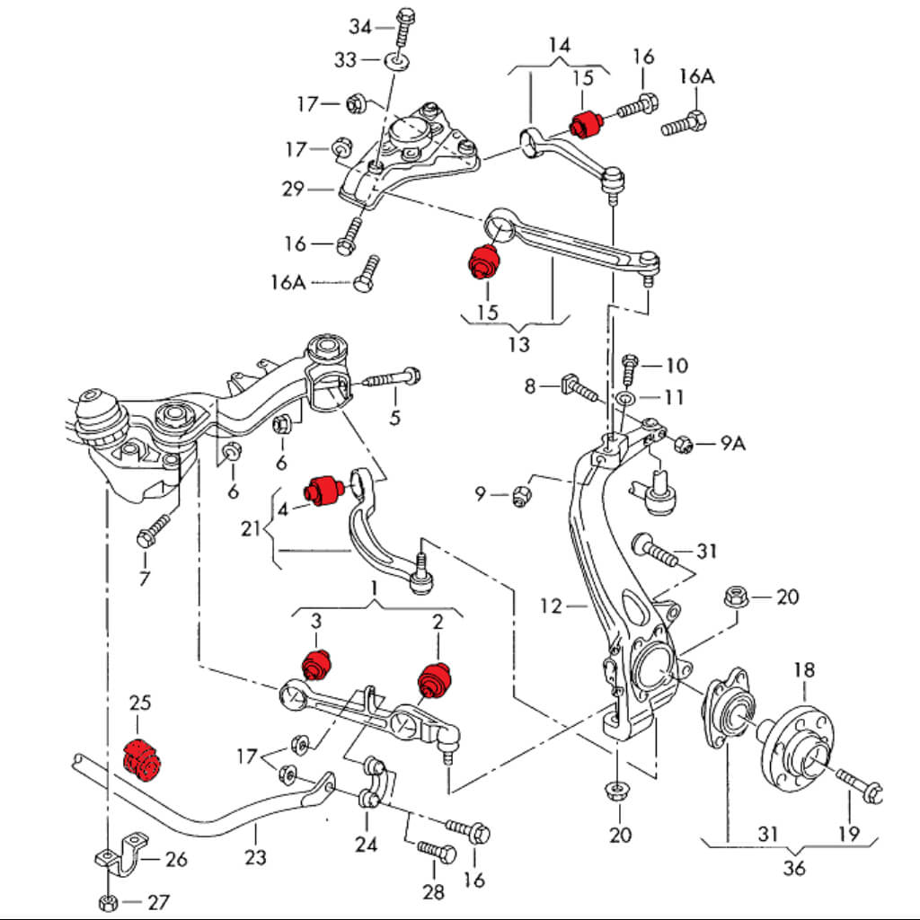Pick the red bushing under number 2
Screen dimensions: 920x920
(x=437, y=678)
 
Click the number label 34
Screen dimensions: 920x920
(x=360, y=27)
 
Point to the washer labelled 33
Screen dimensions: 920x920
(x=395, y=61)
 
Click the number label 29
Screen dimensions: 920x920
(x=293, y=189)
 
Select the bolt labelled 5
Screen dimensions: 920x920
(x=393, y=377)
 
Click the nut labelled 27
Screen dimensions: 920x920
(x=107, y=900)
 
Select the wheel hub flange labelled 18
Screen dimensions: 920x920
(x=805, y=747)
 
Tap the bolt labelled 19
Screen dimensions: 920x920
(x=860, y=784)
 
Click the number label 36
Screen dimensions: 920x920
(x=794, y=868)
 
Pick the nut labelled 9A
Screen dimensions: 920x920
(x=682, y=442)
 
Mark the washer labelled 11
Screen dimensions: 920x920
(x=626, y=397)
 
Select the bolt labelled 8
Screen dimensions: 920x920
(x=579, y=389)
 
